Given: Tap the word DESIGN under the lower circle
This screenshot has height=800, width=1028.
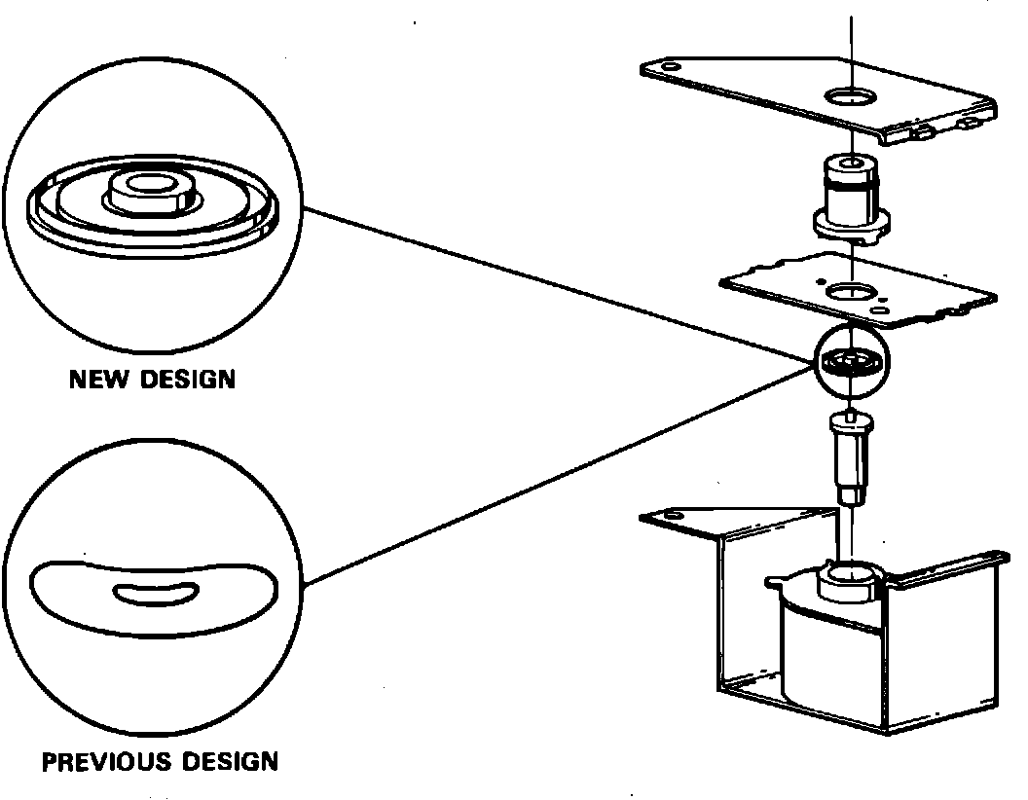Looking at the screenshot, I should [x=231, y=761].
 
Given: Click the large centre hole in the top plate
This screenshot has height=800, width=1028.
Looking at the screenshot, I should [x=850, y=95].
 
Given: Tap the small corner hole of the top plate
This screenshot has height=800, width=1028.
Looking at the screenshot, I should [x=671, y=66].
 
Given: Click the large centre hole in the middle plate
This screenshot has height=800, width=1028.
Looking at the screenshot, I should [x=850, y=289].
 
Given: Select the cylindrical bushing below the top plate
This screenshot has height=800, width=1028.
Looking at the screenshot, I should [x=850, y=190].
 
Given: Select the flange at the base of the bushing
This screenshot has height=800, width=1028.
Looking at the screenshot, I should [x=850, y=226].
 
